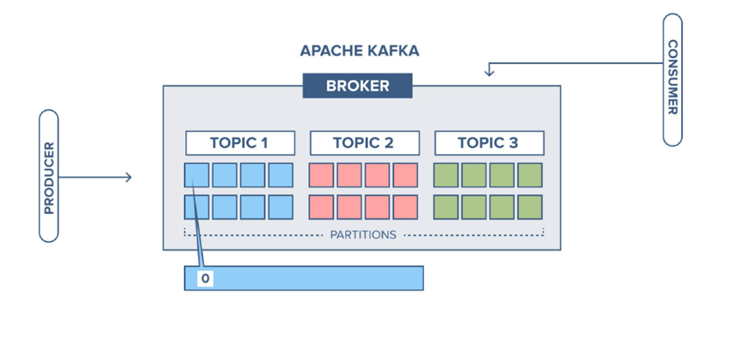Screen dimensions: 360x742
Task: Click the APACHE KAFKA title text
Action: [359, 52]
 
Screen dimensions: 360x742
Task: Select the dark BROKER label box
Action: [357, 86]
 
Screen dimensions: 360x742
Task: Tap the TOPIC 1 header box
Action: [240, 143]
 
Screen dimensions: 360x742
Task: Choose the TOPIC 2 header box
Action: [364, 143]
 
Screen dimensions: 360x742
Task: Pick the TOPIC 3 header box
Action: [489, 143]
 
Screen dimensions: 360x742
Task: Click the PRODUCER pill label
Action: [49, 176]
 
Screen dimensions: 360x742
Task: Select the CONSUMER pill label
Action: [672, 79]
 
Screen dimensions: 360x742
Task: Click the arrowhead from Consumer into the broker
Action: [489, 72]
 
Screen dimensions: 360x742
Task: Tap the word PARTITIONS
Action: [363, 234]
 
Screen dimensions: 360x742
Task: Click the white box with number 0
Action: [205, 279]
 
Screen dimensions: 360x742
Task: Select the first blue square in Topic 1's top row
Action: [197, 175]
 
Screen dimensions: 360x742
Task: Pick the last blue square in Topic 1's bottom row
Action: [280, 207]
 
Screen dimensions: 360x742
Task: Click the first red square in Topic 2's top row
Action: [322, 175]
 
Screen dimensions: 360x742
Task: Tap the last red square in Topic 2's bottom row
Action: [405, 207]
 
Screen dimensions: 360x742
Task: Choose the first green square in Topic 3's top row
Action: [446, 175]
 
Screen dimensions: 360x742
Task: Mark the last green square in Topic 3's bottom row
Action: [530, 207]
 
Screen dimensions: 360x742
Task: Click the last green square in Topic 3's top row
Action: [530, 175]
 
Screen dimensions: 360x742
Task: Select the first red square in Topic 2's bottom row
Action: [322, 207]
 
